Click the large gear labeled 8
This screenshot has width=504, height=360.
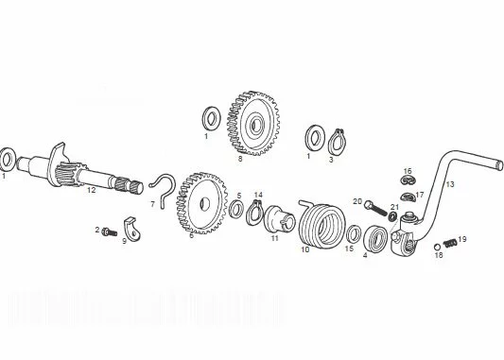(253, 124)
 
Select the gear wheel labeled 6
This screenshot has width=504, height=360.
(201, 203)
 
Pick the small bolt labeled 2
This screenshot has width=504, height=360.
(110, 231)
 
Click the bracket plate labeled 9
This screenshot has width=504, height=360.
(132, 229)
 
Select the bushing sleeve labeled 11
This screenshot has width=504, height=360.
(279, 218)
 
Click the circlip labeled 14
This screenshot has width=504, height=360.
(254, 214)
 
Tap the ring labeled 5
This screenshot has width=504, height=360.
(237, 209)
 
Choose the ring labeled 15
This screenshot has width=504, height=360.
(354, 233)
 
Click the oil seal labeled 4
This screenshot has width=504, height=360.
(374, 238)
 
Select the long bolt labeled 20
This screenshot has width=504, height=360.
(375, 209)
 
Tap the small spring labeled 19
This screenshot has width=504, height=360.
(450, 244)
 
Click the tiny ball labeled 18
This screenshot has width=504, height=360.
(437, 247)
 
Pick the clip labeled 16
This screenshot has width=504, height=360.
(408, 180)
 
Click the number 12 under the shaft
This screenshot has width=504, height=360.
(92, 190)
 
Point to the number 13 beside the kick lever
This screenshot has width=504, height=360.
(450, 184)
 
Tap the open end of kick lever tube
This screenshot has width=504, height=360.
(499, 164)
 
